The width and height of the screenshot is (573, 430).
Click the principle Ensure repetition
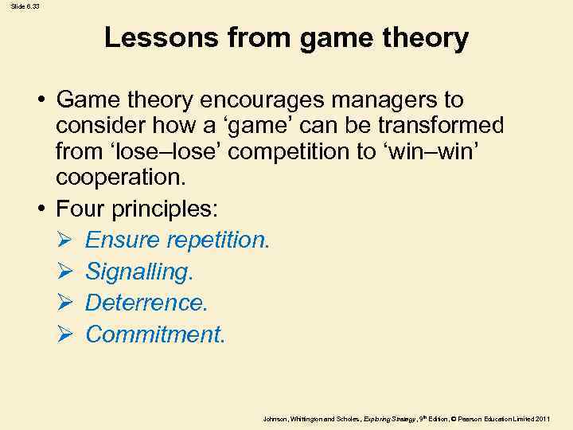pos(177,240)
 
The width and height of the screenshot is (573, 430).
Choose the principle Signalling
pos(139,272)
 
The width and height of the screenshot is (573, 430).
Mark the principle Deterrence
pos(146,303)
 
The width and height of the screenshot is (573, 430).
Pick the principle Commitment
pos(155,334)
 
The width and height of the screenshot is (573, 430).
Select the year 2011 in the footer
pos(544,419)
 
